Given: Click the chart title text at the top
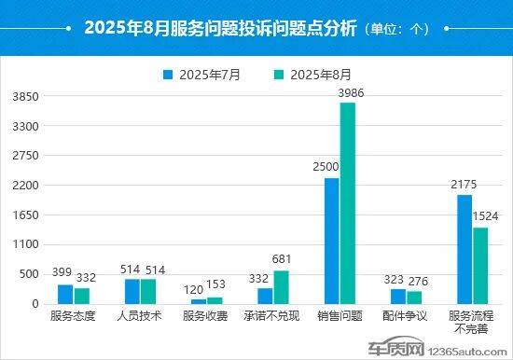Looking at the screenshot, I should (x=220, y=28).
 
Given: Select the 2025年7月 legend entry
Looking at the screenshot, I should (x=201, y=75).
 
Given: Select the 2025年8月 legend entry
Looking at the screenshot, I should (x=312, y=75).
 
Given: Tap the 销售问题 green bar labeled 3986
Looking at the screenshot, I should (x=347, y=202).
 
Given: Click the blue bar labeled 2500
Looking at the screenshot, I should (x=331, y=241).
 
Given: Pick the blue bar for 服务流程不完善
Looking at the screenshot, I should (x=464, y=249).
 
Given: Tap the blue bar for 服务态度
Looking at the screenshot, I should (x=64, y=294).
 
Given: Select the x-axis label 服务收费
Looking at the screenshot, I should (x=206, y=316).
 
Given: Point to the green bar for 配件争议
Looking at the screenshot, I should (x=413, y=298).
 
